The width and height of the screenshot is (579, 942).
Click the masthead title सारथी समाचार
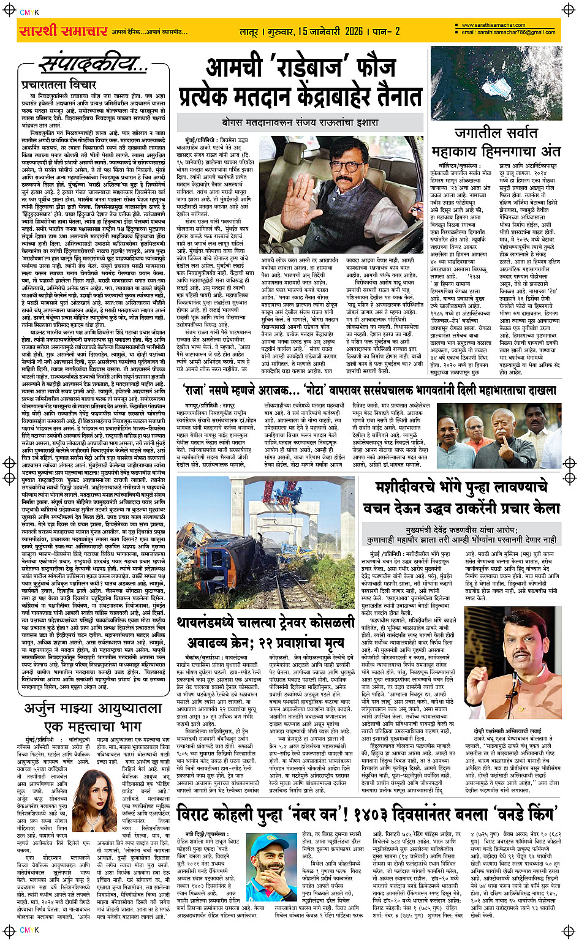pyautogui.click(x=63, y=31)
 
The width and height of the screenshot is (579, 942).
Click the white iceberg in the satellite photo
pyautogui.click(x=504, y=91)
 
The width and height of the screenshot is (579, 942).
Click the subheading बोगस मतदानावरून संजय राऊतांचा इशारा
pyautogui.click(x=307, y=122)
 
